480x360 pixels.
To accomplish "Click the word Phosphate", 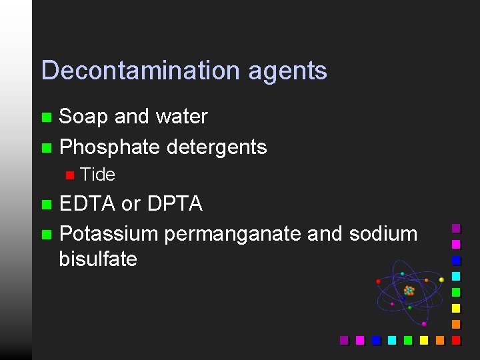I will tap(107, 147).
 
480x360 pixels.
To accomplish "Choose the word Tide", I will tap(97, 175).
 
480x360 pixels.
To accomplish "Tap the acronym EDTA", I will tap(87, 204).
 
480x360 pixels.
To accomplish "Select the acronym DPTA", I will tap(175, 204).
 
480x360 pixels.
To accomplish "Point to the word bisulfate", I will tap(98, 259).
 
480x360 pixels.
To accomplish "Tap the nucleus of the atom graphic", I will tap(409, 291).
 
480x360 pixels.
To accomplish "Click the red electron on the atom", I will tap(379, 281).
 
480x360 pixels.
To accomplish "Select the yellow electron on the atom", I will tap(441, 280).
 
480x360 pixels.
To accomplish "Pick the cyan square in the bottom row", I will tap(392, 340).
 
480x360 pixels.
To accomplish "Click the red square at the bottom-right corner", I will tap(456, 340).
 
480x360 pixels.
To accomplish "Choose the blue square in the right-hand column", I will tap(456, 261).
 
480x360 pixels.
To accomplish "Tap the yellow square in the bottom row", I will tap(424, 340).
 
